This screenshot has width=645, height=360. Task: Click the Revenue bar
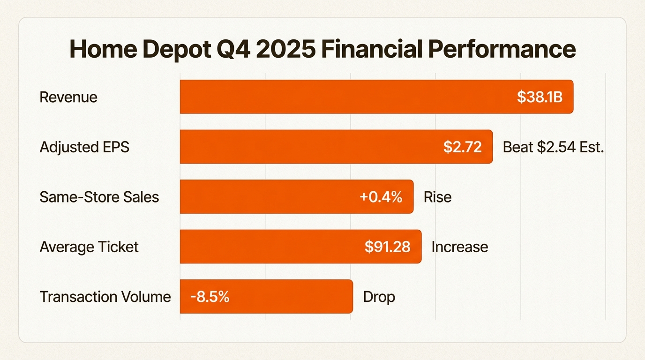(347, 97)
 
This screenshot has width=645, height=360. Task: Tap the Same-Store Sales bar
(267, 196)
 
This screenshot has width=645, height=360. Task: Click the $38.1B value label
(540, 97)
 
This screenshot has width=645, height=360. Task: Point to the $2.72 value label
(462, 147)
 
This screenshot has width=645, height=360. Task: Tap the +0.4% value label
(381, 197)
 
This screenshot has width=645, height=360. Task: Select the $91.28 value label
(387, 247)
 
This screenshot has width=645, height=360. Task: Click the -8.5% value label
(210, 297)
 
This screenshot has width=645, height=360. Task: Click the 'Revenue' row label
(68, 97)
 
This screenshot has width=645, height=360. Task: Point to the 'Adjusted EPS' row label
(84, 147)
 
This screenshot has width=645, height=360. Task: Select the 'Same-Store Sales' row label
(99, 197)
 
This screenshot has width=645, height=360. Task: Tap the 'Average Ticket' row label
(89, 247)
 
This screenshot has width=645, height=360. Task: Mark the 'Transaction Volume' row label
(105, 297)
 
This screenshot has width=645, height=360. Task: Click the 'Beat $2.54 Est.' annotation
(553, 147)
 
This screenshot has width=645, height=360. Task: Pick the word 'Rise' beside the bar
(437, 197)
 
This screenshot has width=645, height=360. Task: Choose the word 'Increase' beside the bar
(459, 247)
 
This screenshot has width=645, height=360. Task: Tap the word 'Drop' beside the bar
(379, 297)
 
